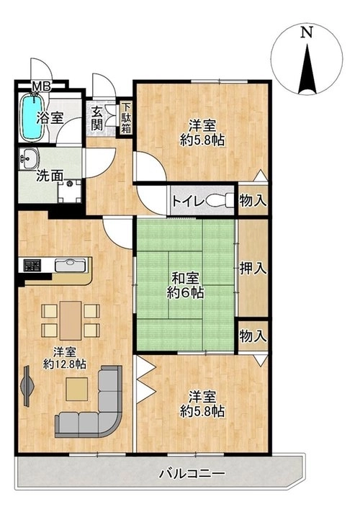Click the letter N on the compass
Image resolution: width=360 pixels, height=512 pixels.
point(306,32)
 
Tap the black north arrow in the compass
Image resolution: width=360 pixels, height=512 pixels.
point(307,69)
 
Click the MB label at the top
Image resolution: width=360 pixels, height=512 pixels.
point(42,87)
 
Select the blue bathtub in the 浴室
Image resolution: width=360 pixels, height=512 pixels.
point(32,117)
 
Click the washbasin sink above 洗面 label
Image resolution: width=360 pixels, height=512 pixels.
point(29,159)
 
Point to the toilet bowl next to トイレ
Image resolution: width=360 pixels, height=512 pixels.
point(218,200)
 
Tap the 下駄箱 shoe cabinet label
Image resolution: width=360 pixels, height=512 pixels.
point(126,117)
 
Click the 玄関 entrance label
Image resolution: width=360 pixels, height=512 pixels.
point(96,119)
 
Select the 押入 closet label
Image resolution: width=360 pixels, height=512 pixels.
point(253,269)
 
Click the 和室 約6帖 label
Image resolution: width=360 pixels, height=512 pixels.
point(185,285)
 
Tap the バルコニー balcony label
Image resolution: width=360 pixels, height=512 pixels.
point(192,472)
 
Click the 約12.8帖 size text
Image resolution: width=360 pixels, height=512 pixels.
point(65,364)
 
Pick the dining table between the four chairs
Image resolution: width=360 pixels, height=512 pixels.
point(71,320)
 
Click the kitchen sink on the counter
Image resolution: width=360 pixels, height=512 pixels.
point(70,265)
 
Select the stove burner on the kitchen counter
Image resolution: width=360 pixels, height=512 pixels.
point(32,265)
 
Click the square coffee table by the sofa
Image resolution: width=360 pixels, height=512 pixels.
point(77,390)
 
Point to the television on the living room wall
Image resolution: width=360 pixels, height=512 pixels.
point(27,386)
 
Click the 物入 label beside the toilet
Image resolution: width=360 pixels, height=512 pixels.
point(253,200)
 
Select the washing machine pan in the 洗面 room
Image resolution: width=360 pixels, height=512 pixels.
point(69,192)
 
